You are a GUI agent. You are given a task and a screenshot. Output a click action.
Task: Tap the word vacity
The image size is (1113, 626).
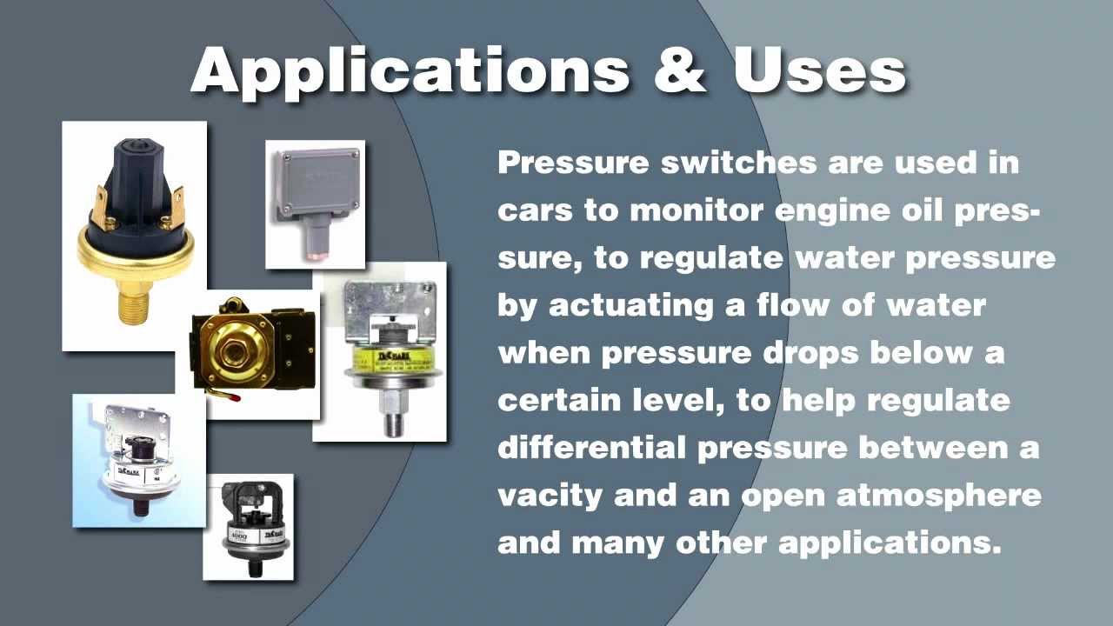coord(550,496)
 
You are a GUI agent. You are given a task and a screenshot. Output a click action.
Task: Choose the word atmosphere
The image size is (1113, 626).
coord(939,495)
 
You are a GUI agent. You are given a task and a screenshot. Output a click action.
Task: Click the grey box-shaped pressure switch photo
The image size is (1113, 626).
coord(315,203)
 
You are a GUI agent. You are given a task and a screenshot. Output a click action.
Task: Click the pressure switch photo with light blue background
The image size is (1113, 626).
coord(138,460)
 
